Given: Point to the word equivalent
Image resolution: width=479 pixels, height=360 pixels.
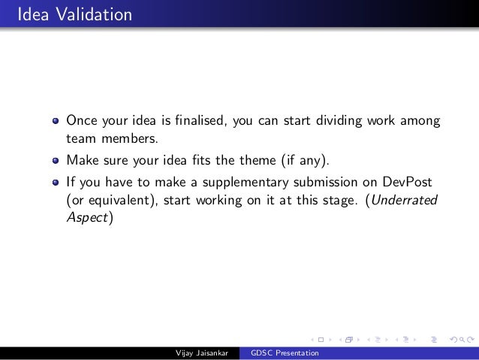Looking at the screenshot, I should tap(116, 201).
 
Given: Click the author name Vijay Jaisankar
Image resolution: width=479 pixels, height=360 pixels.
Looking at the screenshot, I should tap(201, 353).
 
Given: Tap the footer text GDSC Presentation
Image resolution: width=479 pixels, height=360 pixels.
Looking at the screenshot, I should tap(285, 353).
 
